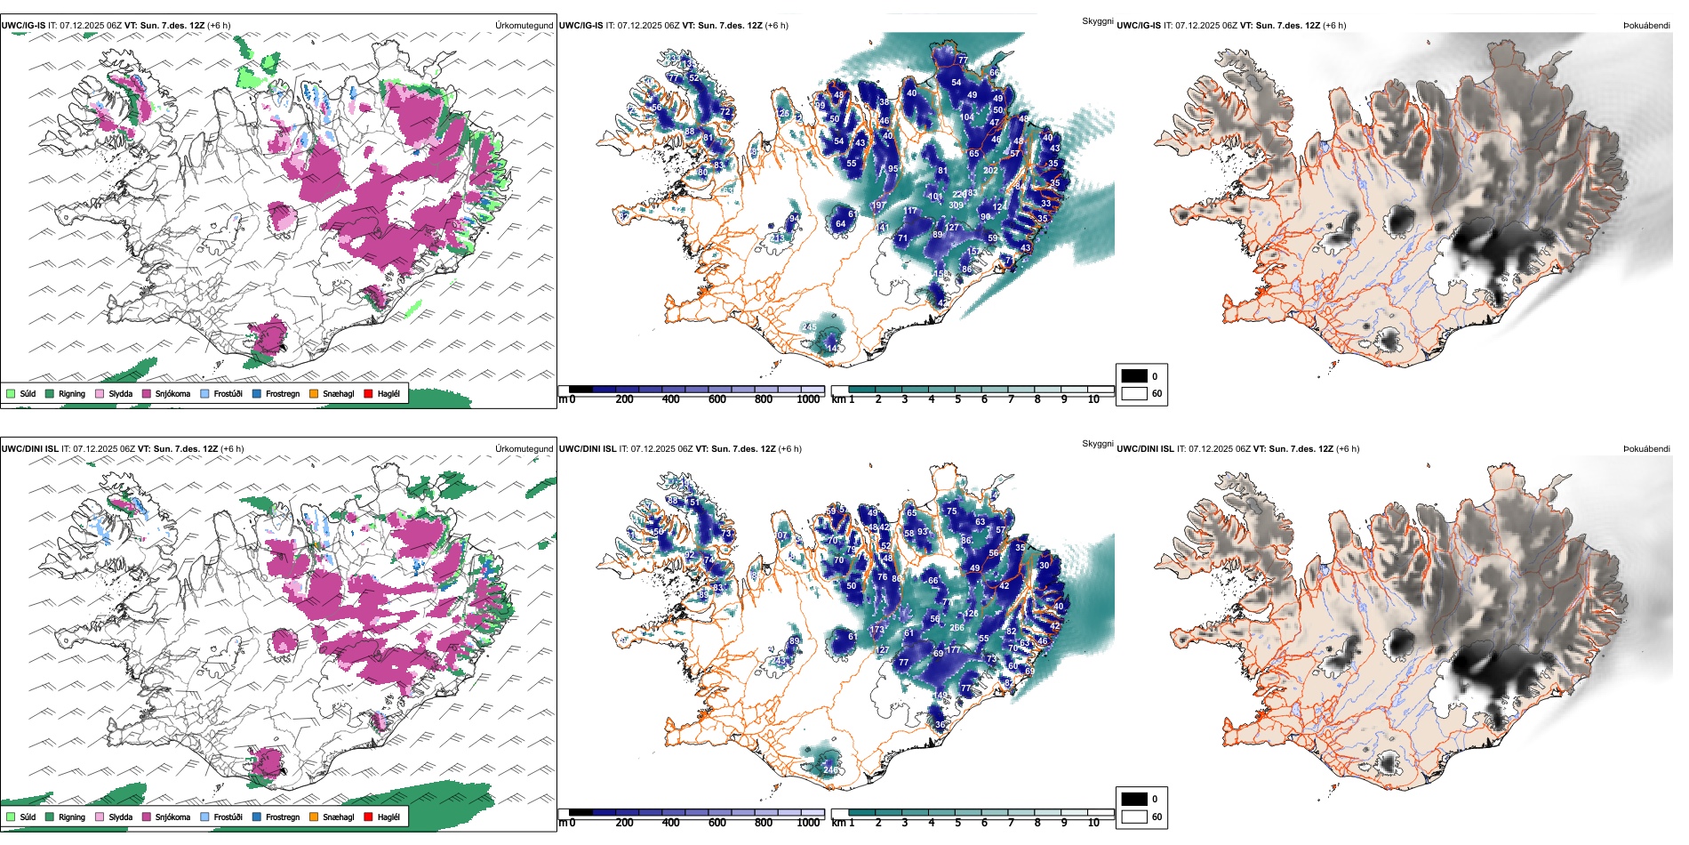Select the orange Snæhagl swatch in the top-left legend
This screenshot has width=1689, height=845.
tap(314, 393)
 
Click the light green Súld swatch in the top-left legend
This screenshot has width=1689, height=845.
tap(11, 393)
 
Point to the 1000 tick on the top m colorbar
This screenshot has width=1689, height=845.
tap(808, 399)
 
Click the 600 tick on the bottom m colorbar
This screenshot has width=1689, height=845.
tap(717, 823)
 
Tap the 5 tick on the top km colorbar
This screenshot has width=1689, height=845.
tap(958, 399)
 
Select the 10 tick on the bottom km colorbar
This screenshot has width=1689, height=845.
tap(1093, 823)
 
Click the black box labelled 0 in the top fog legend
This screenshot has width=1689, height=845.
tap(1134, 376)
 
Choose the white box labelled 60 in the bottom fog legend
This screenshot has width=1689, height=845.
tap(1134, 817)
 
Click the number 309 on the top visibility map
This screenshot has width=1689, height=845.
tap(956, 205)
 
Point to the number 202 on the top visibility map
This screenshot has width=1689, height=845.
tap(990, 170)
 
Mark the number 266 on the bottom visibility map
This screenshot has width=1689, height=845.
tap(957, 628)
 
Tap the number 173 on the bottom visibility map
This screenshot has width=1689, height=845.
tap(877, 630)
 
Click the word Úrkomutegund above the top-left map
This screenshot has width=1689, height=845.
tap(524, 26)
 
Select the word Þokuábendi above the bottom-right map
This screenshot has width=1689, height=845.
tap(1646, 449)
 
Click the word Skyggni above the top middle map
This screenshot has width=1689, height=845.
tap(1097, 20)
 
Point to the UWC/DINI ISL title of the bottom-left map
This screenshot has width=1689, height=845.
tap(29, 449)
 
